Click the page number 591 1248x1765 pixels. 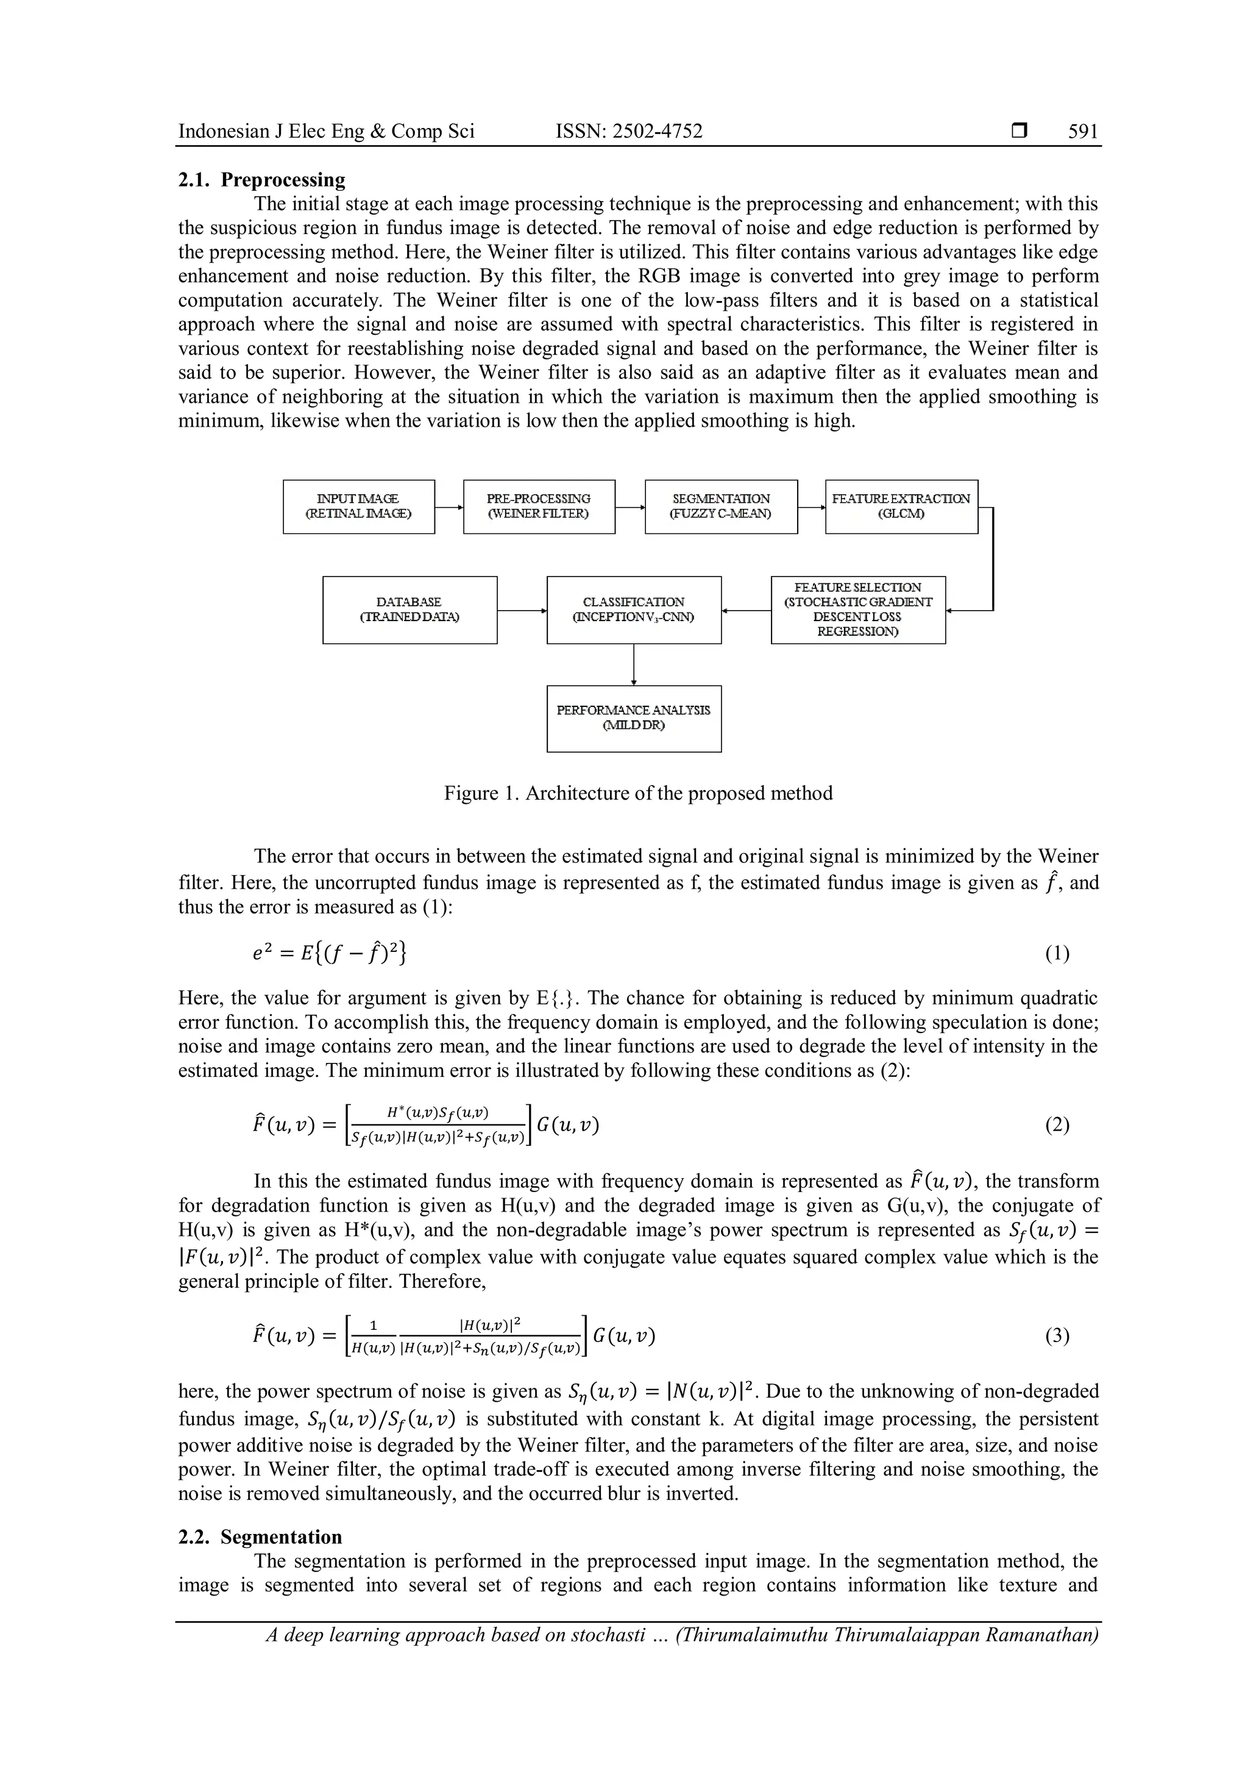1083,132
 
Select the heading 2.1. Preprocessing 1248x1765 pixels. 262,180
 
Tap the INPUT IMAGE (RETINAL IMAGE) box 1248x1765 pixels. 359,506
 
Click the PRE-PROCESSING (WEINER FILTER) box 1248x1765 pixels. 539,506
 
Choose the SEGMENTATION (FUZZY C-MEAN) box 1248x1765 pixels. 721,506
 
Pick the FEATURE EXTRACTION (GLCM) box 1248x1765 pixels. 901,506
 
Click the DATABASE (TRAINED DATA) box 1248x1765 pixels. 409,609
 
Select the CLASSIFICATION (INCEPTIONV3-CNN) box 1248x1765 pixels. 634,609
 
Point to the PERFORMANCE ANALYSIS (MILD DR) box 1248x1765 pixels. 634,718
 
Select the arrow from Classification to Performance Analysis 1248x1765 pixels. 634,664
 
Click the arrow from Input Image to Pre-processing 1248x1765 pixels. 448,507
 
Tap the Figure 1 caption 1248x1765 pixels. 638,794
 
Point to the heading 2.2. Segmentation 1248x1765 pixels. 261,1536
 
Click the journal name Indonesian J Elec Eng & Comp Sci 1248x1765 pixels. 327,132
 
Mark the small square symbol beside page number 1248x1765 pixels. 1019,132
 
